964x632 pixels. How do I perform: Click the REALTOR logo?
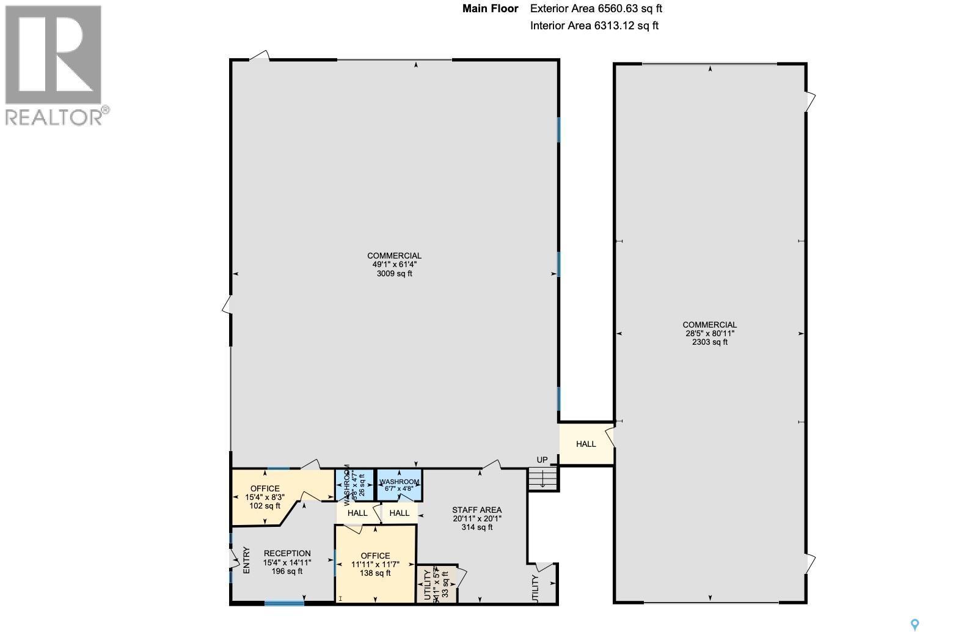click(54, 65)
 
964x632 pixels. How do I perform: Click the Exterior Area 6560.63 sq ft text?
click(596, 9)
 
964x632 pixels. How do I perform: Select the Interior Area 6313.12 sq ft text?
click(594, 26)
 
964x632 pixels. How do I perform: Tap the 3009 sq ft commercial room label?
click(394, 265)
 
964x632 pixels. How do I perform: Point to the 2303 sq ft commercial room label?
click(709, 334)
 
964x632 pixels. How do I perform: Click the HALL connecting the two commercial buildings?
click(585, 444)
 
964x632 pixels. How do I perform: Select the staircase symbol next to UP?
click(543, 479)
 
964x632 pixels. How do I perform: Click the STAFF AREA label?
click(477, 518)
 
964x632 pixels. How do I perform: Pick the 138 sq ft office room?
click(375, 564)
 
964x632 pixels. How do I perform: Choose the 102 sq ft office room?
click(265, 497)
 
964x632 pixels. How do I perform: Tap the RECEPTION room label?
click(287, 562)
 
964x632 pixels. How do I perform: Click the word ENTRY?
click(247, 559)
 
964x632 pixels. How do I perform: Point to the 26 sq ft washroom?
click(354, 485)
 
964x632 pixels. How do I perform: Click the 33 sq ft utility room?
click(436, 584)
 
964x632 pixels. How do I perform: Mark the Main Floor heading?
click(490, 9)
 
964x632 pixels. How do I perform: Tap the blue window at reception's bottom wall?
click(284, 603)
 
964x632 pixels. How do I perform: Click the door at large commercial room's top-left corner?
click(260, 56)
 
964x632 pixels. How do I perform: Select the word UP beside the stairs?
click(542, 460)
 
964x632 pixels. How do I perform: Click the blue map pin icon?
click(915, 624)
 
